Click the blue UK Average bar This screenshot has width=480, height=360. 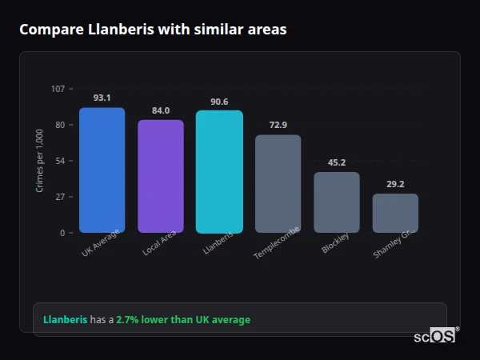[x=102, y=170]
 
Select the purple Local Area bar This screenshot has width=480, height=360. [x=161, y=176]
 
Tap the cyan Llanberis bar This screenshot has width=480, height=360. [x=219, y=172]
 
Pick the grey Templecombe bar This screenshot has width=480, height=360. [x=278, y=184]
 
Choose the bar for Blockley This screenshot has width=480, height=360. [x=337, y=202]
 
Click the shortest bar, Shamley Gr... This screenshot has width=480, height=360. [x=395, y=213]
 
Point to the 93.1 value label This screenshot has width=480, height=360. [x=102, y=98]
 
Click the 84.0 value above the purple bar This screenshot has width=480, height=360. [x=161, y=110]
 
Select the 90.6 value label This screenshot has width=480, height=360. [x=219, y=102]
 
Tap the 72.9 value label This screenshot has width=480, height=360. [x=278, y=125]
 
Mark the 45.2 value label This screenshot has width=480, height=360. [x=337, y=162]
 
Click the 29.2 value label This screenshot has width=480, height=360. [x=395, y=184]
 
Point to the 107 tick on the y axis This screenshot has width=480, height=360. [x=58, y=89]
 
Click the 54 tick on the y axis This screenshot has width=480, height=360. [x=60, y=161]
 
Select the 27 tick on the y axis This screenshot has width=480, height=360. [x=60, y=197]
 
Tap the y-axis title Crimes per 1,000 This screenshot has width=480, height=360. [x=40, y=160]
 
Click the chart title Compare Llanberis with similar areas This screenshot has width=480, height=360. [x=153, y=30]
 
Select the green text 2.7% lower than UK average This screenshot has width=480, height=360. [x=183, y=320]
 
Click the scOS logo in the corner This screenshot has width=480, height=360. [x=434, y=337]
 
